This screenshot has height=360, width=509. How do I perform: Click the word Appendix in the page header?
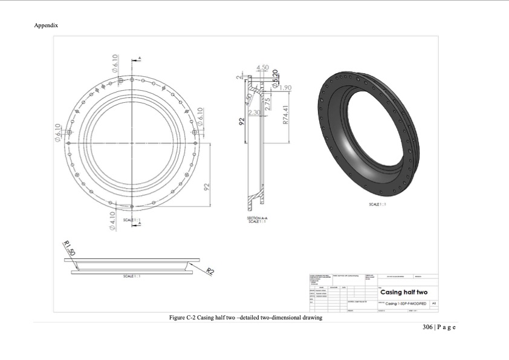tap(46, 25)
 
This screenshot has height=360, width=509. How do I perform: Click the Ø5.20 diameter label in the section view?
tap(275, 79)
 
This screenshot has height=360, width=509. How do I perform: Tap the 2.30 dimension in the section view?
tap(254, 113)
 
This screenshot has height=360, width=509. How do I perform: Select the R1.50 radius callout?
tap(69, 248)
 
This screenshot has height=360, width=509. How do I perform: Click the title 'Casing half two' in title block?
tap(403, 292)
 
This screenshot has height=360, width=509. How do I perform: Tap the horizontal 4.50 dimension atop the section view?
tap(263, 67)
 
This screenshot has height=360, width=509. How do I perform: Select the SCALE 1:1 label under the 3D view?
tap(377, 205)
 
